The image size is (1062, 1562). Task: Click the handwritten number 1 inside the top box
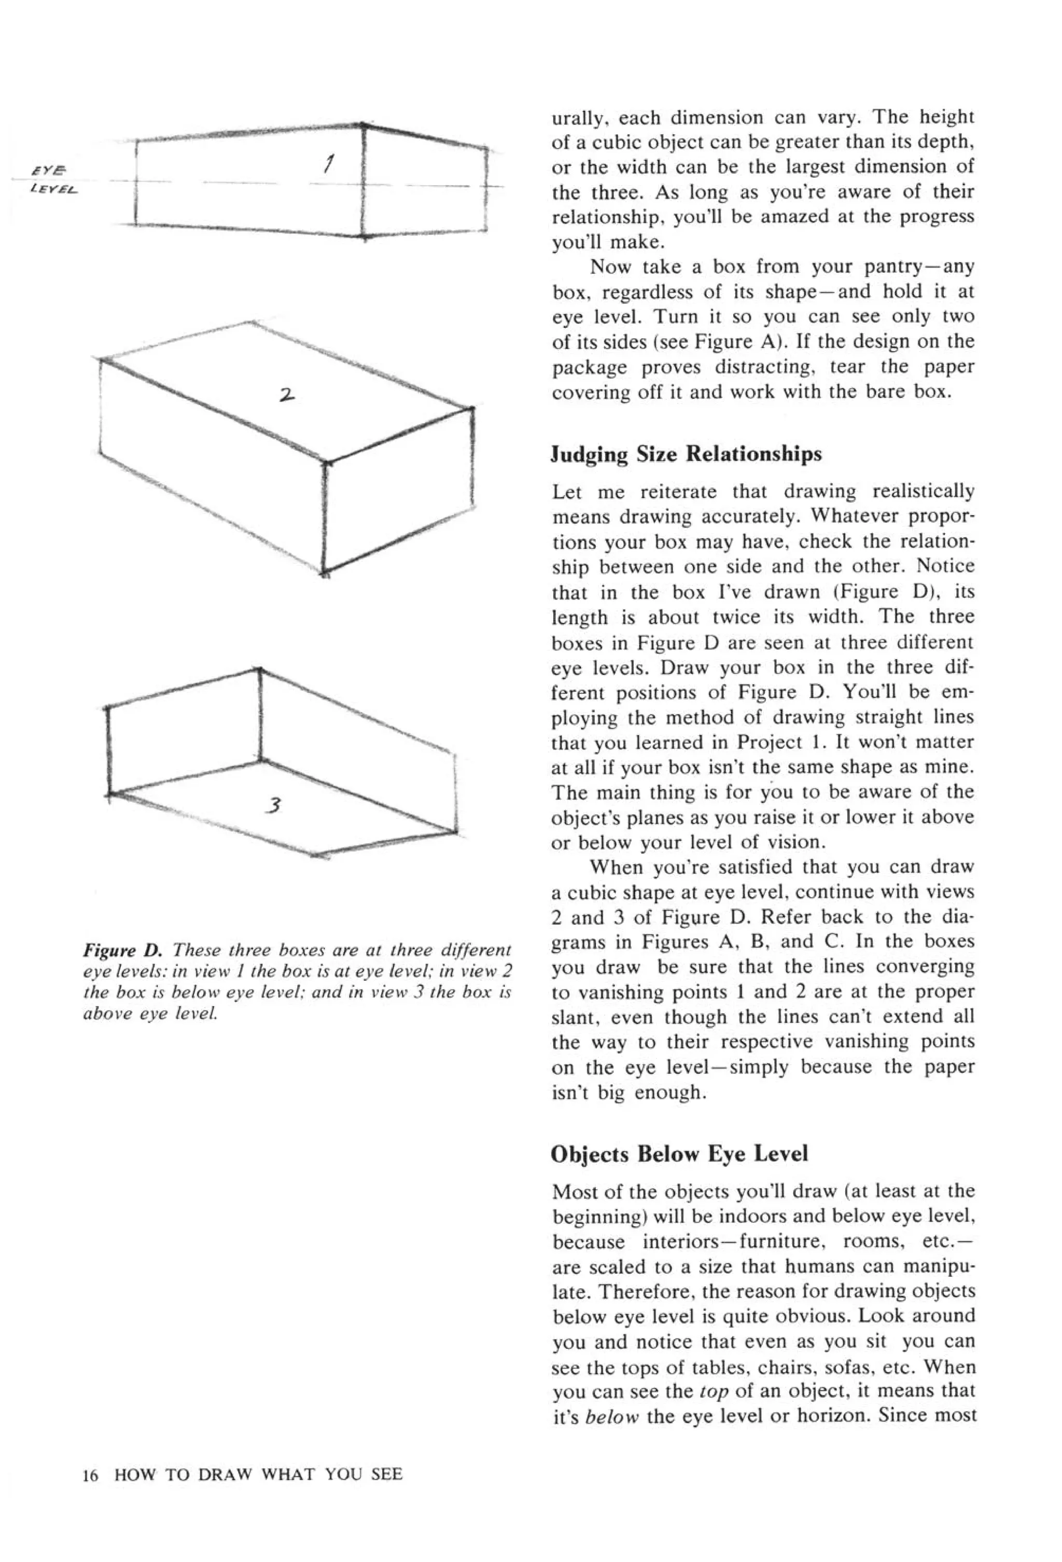[x=329, y=163]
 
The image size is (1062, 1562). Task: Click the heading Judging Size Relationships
[x=686, y=454]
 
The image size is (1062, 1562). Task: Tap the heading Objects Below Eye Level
[x=679, y=1153]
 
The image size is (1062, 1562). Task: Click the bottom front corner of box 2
[x=325, y=573]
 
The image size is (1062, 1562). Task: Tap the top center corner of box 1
[x=363, y=125]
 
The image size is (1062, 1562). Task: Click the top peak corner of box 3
[x=259, y=670]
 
